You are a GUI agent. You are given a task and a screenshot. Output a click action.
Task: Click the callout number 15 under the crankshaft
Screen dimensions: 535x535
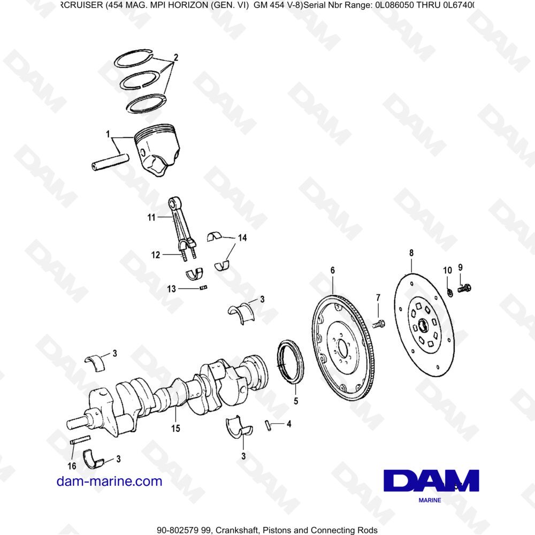pyautogui.click(x=175, y=428)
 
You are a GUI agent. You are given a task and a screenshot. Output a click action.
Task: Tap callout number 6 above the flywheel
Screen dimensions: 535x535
pyautogui.click(x=332, y=271)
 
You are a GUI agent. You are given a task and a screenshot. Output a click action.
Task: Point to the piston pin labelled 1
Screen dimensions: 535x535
pyautogui.click(x=110, y=162)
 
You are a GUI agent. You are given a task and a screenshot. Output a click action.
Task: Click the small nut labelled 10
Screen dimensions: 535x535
pyautogui.click(x=450, y=292)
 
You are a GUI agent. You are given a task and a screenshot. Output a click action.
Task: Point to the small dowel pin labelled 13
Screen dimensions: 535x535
pyautogui.click(x=203, y=289)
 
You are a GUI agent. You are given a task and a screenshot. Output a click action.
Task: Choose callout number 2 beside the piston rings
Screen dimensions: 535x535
pyautogui.click(x=175, y=57)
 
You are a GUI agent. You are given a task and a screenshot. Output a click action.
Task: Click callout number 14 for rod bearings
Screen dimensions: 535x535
pyautogui.click(x=242, y=238)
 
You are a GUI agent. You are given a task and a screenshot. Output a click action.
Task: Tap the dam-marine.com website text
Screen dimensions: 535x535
pyautogui.click(x=109, y=481)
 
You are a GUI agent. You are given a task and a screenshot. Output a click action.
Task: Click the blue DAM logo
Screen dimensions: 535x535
pyautogui.click(x=431, y=480)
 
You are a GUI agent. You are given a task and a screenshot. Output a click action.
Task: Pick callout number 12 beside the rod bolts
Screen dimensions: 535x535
pyautogui.click(x=155, y=255)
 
